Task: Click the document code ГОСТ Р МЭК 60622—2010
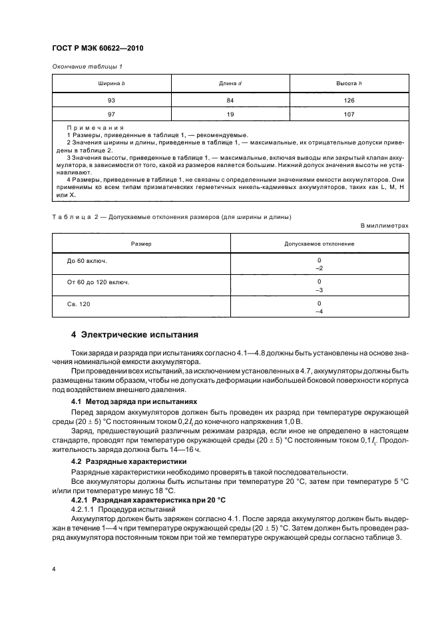click(98, 49)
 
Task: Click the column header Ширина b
click(111, 84)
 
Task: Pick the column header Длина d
click(230, 84)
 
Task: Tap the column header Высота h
click(349, 84)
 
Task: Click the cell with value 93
click(111, 100)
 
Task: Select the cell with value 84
click(230, 100)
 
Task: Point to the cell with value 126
click(349, 100)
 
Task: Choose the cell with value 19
click(230, 113)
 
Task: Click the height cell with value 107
click(349, 113)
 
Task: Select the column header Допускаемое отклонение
click(320, 244)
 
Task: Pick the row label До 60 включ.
click(87, 260)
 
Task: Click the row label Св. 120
click(79, 304)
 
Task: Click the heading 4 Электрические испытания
click(135, 334)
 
